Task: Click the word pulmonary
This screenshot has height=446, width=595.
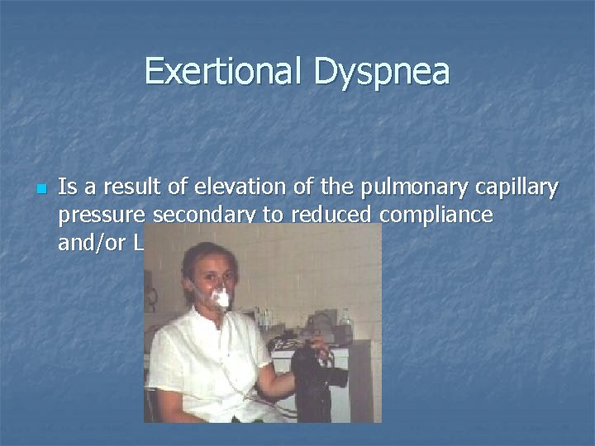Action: click(x=402, y=190)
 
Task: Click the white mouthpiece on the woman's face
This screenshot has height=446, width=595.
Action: click(x=221, y=298)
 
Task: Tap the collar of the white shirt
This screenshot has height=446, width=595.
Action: click(x=202, y=318)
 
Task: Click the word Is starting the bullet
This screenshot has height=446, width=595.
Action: click(x=67, y=190)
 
